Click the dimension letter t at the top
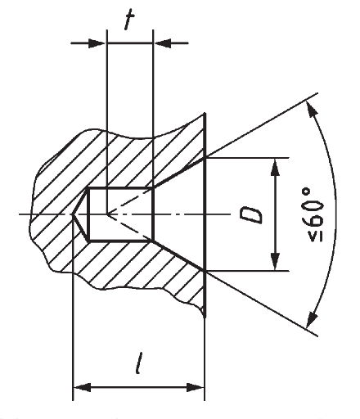pos(129,19)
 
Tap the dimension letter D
pos(251,215)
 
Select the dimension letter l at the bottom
pos(139,363)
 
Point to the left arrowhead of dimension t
pos(97,43)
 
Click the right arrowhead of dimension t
pos(162,43)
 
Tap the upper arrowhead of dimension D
pos(276,167)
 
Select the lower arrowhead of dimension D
pos(276,261)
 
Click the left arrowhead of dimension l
pos(82,387)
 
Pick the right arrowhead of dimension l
pos(196,387)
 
